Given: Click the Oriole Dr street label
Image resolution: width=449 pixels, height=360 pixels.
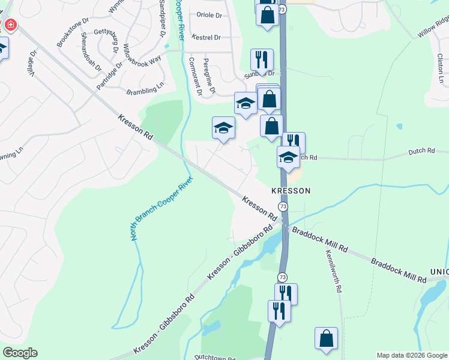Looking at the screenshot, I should pos(209,15).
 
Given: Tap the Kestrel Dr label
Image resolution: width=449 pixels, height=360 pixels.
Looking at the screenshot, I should pos(206,37).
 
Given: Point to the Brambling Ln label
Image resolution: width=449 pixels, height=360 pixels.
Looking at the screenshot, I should pos(145,90).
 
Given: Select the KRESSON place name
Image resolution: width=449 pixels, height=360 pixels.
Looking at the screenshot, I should pos(291,191).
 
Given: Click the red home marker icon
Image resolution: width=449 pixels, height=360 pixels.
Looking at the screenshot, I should pos(10,26).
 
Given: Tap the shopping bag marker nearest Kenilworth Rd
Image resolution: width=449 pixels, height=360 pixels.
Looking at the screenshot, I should pos(327,338).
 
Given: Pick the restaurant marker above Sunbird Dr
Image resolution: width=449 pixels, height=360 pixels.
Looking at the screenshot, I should pos(262,59).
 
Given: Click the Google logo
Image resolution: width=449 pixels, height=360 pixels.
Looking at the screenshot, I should pos(20,353).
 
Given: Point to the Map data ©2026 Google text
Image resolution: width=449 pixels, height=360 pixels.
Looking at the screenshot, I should pos(411,355).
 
